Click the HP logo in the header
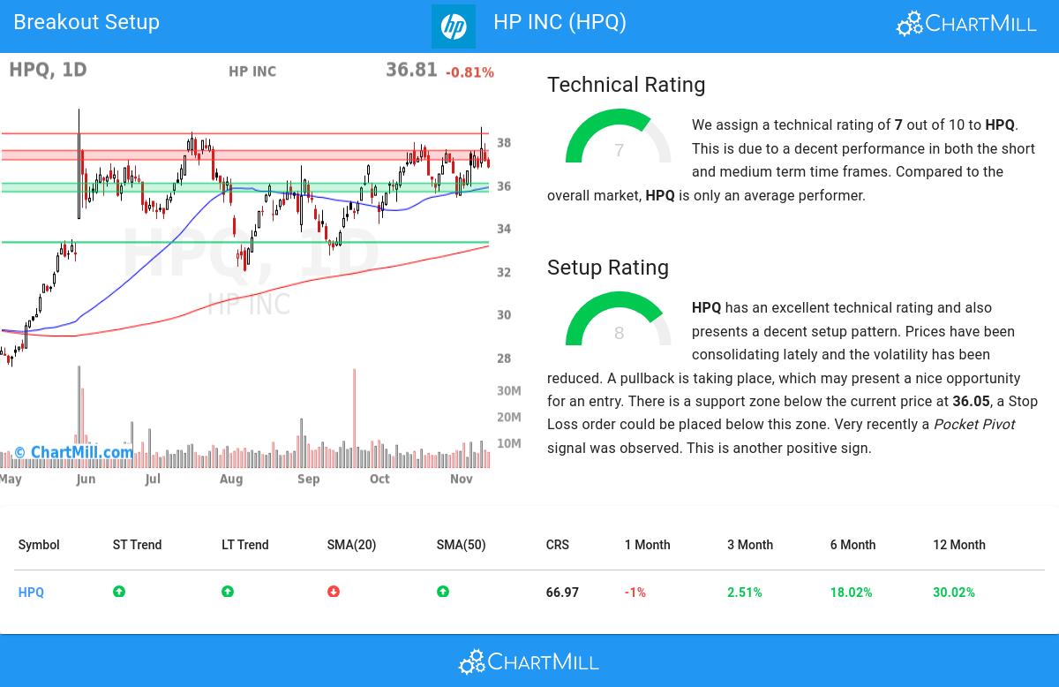[453, 26]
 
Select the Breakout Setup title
[86, 22]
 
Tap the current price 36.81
[411, 70]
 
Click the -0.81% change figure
[469, 72]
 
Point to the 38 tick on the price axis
[504, 143]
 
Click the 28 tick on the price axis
[504, 359]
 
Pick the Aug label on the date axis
[230, 479]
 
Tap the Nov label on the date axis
[461, 479]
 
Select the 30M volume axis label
[509, 390]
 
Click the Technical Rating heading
[626, 85]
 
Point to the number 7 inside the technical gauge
[619, 151]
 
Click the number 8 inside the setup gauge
[619, 334]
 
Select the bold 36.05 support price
[971, 401]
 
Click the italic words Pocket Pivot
[973, 425]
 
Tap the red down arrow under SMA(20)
[334, 592]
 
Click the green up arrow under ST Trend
[119, 592]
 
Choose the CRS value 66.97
[562, 593]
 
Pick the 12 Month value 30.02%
[953, 593]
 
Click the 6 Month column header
[852, 545]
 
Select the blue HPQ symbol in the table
[31, 593]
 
